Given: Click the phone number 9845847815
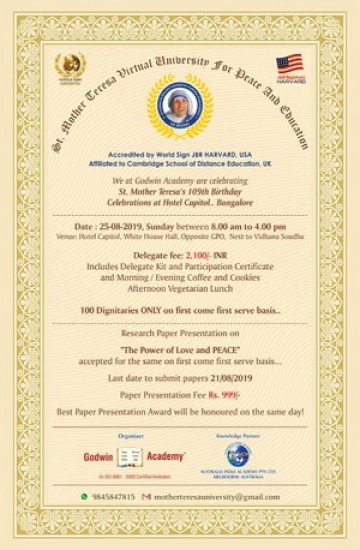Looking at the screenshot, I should [x=113, y=497].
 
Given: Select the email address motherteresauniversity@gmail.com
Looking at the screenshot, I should [x=217, y=497].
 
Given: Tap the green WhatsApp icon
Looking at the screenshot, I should [x=84, y=497].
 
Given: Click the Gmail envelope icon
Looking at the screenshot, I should [x=146, y=497].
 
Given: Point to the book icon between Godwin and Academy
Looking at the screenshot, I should [x=130, y=457].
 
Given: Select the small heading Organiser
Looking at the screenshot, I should [x=131, y=436].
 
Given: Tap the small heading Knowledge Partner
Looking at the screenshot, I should [x=237, y=436].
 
